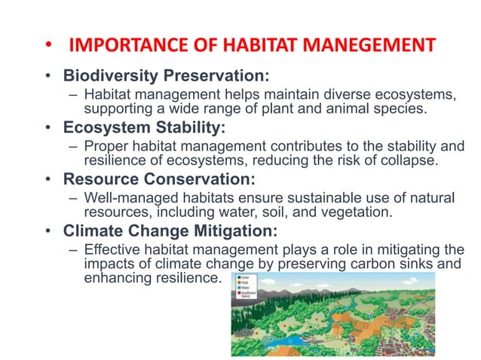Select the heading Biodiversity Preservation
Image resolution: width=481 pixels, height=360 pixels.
[166, 76]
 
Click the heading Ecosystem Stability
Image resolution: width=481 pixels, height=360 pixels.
[143, 126]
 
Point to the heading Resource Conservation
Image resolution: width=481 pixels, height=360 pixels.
[159, 179]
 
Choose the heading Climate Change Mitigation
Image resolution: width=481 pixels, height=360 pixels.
[170, 230]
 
